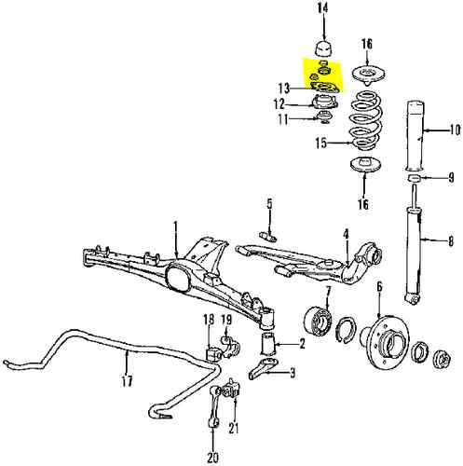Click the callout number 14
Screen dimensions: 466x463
pos(323,9)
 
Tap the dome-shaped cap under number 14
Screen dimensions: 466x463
pos(324,48)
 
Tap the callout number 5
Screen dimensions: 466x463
pos(268,204)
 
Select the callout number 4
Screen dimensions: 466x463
pos(345,233)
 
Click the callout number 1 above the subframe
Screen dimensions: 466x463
pos(174,226)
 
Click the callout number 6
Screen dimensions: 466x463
pos(379,288)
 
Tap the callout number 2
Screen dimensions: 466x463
pos(301,344)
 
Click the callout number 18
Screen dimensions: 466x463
pos(208,321)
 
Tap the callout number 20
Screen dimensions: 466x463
pos(212,459)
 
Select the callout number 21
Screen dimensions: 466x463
pos(234,429)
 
